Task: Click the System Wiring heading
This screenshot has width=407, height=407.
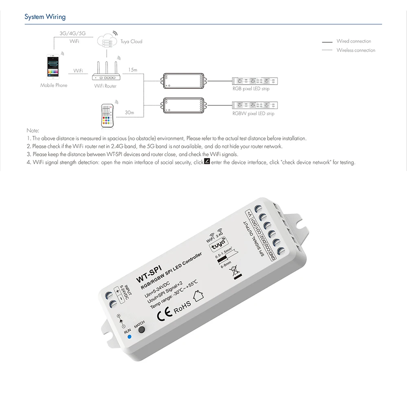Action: (45, 17)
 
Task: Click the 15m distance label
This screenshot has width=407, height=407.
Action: (133, 70)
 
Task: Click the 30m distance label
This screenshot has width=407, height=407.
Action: (130, 112)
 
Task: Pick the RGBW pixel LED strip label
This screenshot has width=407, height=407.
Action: (253, 114)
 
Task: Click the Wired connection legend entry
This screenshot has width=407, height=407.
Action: (353, 41)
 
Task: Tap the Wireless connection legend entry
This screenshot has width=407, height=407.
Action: (355, 50)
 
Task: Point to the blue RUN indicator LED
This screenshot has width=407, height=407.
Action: (129, 337)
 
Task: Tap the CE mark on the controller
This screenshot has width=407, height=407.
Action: (164, 315)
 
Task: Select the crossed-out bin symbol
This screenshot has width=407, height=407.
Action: (235, 271)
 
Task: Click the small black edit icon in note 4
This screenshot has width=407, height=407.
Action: (207, 162)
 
